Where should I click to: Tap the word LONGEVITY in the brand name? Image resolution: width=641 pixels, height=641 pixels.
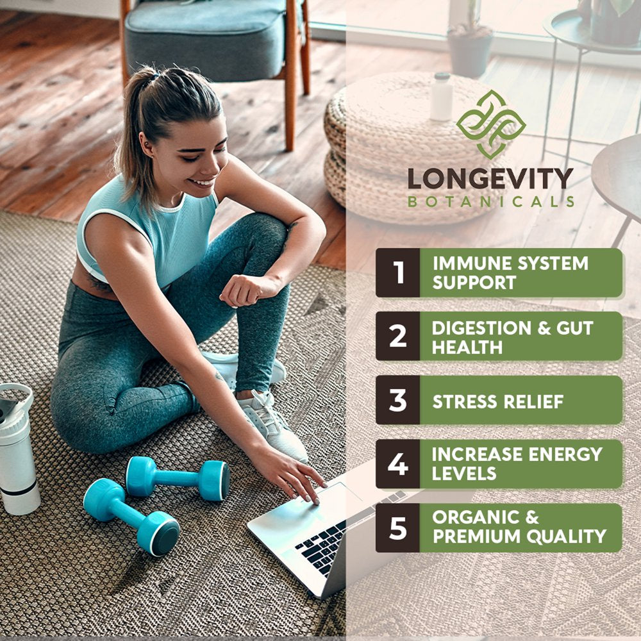490,179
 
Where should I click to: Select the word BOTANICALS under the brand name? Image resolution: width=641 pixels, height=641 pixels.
491,201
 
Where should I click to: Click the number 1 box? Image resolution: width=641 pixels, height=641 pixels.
398,272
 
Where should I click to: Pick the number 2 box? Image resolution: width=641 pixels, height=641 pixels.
398,336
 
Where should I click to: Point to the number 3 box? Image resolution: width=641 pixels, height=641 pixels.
398,400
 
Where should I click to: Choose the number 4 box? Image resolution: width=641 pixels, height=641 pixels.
398,464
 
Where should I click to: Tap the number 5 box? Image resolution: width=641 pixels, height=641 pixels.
398,528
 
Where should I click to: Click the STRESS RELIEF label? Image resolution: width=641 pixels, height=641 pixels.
498,402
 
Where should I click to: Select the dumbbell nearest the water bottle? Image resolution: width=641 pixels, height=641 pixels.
131,517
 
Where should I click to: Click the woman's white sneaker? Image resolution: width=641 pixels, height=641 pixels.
272,426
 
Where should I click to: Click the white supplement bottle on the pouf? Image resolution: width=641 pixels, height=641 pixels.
442,97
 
